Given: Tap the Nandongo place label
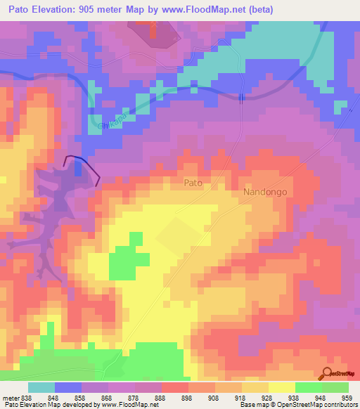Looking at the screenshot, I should [266, 191].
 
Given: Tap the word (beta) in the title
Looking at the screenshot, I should [258, 10].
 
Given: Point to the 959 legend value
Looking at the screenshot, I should [348, 398].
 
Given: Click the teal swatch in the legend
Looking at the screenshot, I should [41, 387].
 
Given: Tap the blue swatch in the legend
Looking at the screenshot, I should [68, 387].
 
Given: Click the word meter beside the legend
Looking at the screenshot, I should [10, 398].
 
